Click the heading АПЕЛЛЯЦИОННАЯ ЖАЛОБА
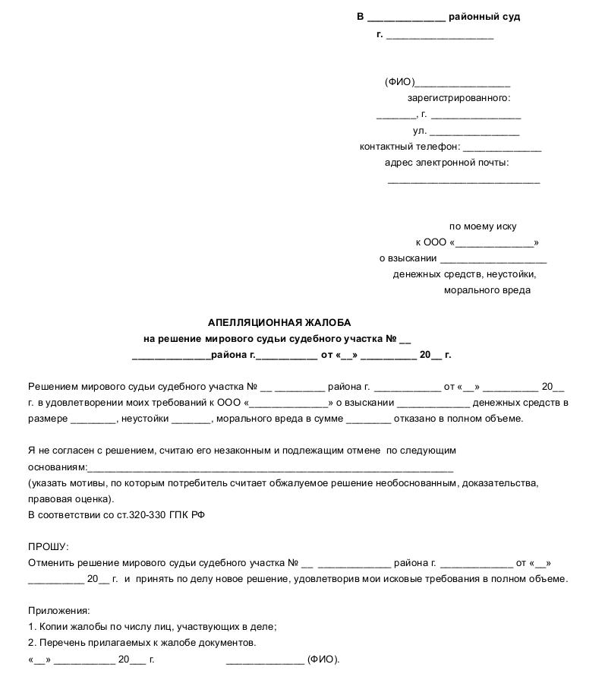click(x=279, y=322)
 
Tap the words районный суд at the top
click(x=484, y=17)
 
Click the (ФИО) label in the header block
click(x=399, y=82)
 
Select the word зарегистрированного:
click(x=459, y=98)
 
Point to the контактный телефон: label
click(x=410, y=147)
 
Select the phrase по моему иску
click(x=483, y=226)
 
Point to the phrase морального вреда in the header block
click(x=487, y=290)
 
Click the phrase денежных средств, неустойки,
click(x=465, y=274)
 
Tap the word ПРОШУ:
click(x=48, y=547)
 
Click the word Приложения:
click(x=58, y=611)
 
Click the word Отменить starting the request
click(x=50, y=563)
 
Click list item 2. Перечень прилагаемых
click(x=142, y=643)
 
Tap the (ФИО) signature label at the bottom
click(x=323, y=659)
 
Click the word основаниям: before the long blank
click(x=58, y=467)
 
